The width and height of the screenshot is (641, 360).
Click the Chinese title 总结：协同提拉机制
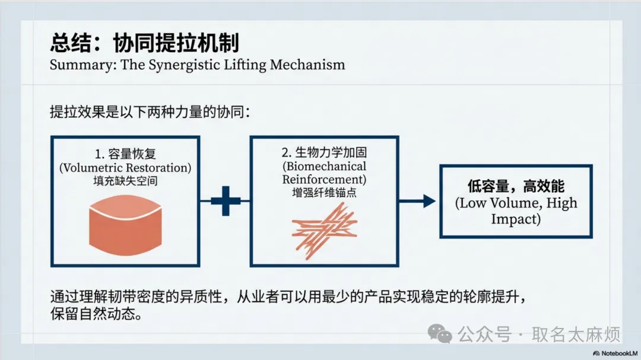click(145, 43)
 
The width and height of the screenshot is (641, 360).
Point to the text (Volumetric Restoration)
click(125, 168)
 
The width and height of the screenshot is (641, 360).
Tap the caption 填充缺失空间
click(125, 181)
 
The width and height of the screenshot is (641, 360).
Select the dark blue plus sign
click(226, 201)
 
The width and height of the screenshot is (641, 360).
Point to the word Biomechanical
click(324, 166)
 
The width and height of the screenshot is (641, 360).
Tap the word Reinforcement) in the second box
click(324, 179)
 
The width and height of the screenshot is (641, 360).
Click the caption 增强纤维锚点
click(324, 192)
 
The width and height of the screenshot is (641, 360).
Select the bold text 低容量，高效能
click(515, 187)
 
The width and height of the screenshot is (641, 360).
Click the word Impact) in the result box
click(515, 219)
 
